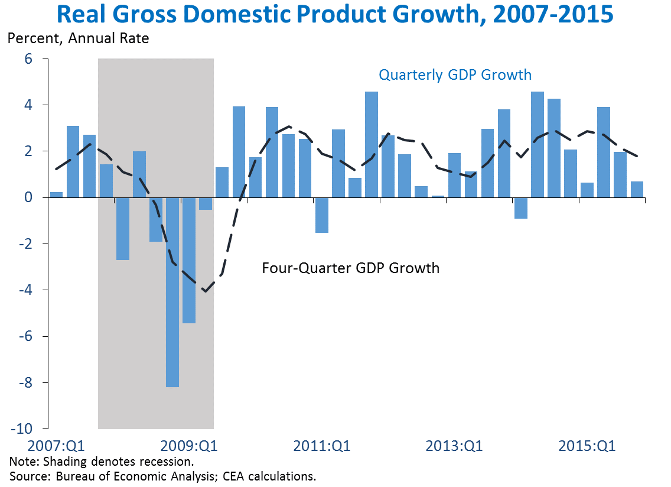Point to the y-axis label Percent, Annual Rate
pyautogui.click(x=78, y=40)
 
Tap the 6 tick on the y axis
pyautogui.click(x=28, y=59)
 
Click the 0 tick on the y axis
pyautogui.click(x=28, y=197)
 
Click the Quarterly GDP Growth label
pyautogui.click(x=455, y=75)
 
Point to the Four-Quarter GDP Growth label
pyautogui.click(x=350, y=268)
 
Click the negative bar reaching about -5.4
pyautogui.click(x=189, y=260)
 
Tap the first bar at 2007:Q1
pyautogui.click(x=57, y=195)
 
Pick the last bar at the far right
pyautogui.click(x=636, y=189)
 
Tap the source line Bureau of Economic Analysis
pyautogui.click(x=162, y=476)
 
